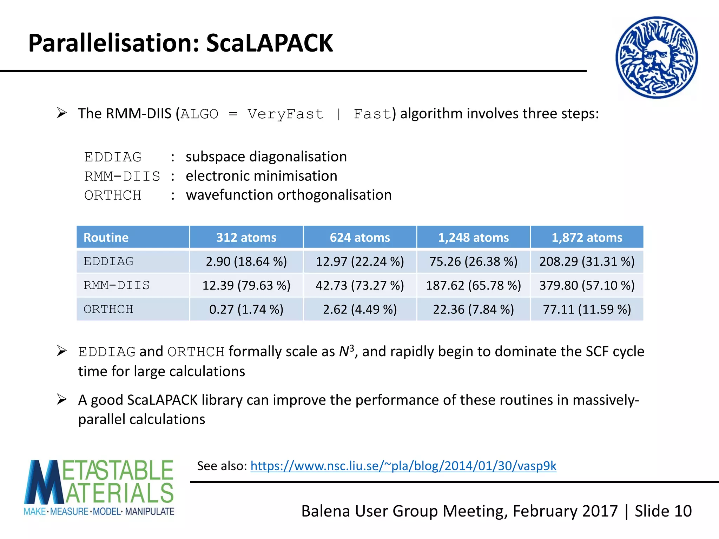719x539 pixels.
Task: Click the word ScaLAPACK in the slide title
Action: (x=269, y=44)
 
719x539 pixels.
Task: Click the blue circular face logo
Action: (x=657, y=58)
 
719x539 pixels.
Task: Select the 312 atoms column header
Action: (x=246, y=238)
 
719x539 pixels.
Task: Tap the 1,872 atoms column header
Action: (x=587, y=238)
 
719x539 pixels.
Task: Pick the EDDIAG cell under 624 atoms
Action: (x=360, y=261)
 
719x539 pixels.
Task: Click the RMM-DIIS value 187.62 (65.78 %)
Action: (x=473, y=285)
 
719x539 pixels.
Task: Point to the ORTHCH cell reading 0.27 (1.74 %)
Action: (x=246, y=309)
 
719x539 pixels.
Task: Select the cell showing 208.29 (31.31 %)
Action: (x=587, y=261)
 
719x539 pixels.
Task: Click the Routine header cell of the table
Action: (x=106, y=238)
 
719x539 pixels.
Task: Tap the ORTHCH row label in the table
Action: (x=108, y=309)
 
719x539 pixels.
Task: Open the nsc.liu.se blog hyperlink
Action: (x=403, y=466)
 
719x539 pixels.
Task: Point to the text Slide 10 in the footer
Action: (x=663, y=511)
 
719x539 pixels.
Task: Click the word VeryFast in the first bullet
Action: (x=285, y=114)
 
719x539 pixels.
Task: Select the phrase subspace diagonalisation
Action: (x=266, y=157)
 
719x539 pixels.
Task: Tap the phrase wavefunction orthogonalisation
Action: (x=289, y=195)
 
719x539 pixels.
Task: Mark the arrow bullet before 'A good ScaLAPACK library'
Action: (x=62, y=399)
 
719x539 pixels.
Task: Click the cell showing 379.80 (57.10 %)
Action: (x=587, y=285)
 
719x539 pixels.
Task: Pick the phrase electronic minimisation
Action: (x=261, y=176)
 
